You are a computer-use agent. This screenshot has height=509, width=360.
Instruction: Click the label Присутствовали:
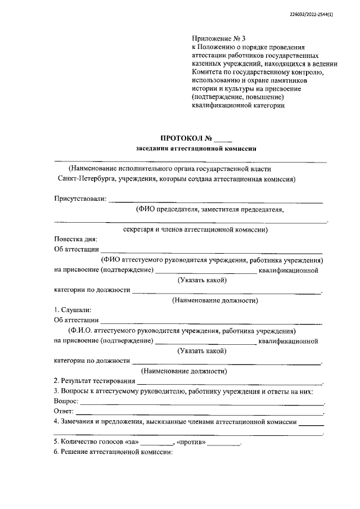click(x=80, y=199)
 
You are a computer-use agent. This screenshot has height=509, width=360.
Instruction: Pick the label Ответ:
click(x=65, y=412)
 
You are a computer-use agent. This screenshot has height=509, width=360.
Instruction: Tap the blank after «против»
click(x=223, y=443)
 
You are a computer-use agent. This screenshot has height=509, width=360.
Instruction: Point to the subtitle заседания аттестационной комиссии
click(x=196, y=148)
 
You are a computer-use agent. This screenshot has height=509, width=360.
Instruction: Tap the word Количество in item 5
click(x=78, y=443)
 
